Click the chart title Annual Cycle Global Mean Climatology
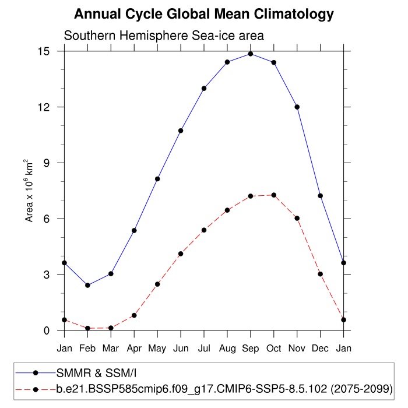tap(204, 14)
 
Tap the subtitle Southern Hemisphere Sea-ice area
tap(164, 36)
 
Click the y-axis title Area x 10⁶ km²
tap(29, 190)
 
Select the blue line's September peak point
tap(251, 54)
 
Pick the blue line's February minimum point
tap(87, 285)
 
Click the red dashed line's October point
tap(274, 195)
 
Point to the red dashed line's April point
tap(134, 315)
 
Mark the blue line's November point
tap(297, 107)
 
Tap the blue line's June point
tap(181, 131)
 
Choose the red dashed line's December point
tap(321, 274)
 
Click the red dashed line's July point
tap(204, 230)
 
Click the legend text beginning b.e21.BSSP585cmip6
tap(224, 388)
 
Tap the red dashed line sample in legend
tap(36, 388)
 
